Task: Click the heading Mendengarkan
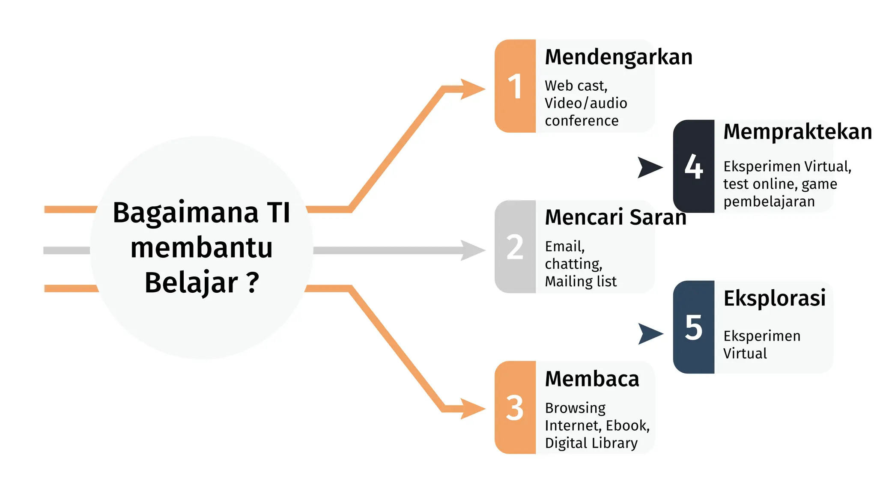click(x=618, y=57)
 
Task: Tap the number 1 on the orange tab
click(x=515, y=86)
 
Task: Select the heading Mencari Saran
click(x=615, y=217)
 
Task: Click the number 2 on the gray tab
click(x=515, y=247)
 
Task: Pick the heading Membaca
click(x=592, y=379)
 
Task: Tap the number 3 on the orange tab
click(x=515, y=408)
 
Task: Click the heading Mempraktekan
click(x=797, y=132)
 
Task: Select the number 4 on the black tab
click(x=694, y=166)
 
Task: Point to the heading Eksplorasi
click(x=774, y=298)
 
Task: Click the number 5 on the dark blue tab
click(x=694, y=327)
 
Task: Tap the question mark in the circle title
click(x=253, y=282)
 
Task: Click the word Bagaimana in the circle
click(x=185, y=213)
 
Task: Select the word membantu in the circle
click(x=201, y=248)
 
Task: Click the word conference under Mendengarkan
click(x=582, y=121)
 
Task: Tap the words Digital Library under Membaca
click(x=591, y=443)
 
